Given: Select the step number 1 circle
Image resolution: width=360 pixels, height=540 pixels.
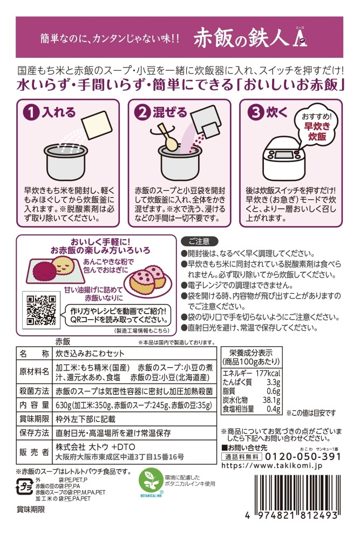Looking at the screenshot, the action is click(x=31, y=113).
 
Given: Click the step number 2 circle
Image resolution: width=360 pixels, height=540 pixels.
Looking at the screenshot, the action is click(x=142, y=113).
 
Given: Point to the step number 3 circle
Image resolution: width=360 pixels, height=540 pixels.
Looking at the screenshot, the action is click(x=256, y=113).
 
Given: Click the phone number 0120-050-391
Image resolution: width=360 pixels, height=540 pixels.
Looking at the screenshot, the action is click(x=303, y=457).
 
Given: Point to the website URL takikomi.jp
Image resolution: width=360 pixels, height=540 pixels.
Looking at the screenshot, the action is click(x=271, y=465).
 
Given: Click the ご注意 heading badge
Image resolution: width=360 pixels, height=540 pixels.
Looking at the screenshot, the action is click(x=199, y=241).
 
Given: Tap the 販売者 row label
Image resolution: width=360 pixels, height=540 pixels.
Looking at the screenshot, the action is click(x=34, y=452).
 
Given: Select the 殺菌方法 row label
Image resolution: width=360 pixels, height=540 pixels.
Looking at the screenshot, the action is click(x=34, y=391).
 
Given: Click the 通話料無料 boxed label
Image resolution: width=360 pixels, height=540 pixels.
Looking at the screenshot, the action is click(x=242, y=457).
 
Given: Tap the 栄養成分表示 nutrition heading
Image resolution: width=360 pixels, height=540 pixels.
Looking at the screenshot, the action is click(x=251, y=353).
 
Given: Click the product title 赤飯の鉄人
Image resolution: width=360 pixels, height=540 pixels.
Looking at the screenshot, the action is click(x=241, y=37).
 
